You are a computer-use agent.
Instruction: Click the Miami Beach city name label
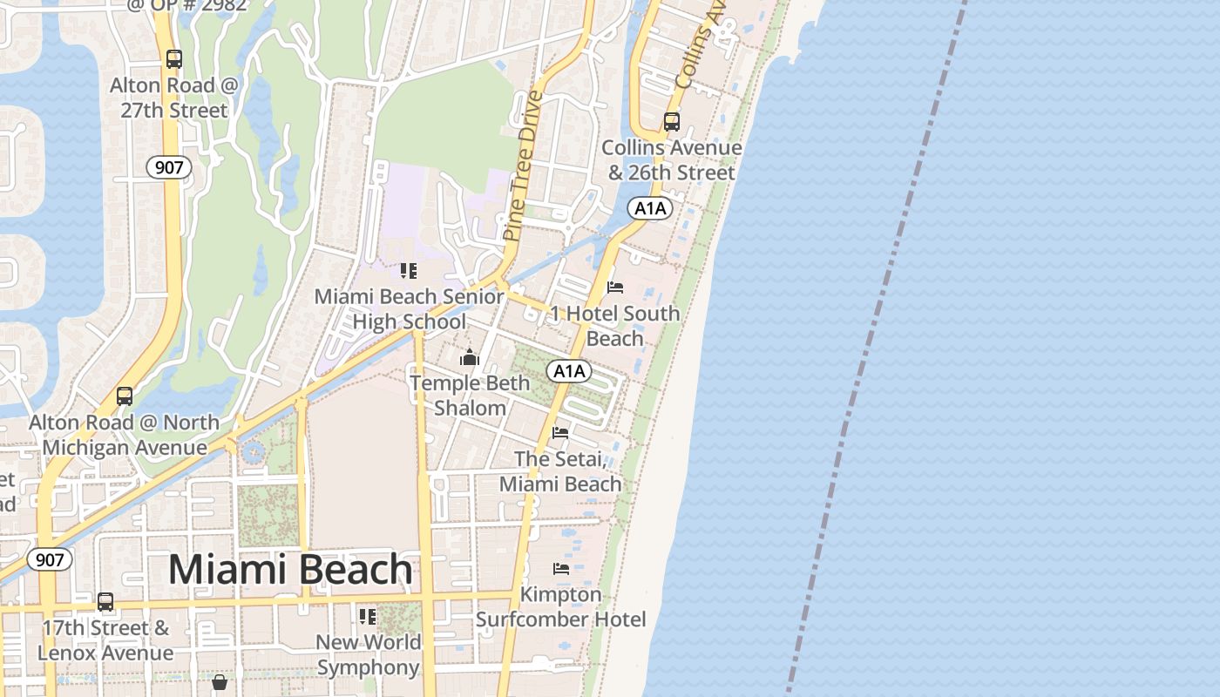(290, 570)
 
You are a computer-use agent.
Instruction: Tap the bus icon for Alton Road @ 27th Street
(174, 59)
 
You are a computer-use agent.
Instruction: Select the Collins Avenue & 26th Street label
(671, 160)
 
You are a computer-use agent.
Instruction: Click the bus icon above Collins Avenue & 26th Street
(672, 122)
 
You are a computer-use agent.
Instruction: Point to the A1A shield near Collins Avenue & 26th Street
(650, 208)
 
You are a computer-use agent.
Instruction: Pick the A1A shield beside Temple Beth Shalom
(569, 372)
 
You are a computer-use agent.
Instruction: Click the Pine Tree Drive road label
(523, 166)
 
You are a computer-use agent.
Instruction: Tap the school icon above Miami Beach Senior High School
(409, 271)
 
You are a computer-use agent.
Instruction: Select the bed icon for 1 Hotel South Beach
(615, 288)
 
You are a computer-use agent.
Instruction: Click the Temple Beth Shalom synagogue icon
(470, 357)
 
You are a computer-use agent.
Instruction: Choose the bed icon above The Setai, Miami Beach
(560, 432)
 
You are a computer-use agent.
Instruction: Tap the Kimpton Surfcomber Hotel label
(561, 607)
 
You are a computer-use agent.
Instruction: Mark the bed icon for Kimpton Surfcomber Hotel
(561, 569)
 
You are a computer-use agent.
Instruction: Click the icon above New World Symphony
(368, 617)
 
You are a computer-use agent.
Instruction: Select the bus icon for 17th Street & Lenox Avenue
(105, 602)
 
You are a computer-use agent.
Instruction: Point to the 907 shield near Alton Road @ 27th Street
(168, 167)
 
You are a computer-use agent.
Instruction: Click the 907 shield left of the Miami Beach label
(50, 559)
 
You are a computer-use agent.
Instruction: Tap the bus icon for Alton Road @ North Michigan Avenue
(125, 396)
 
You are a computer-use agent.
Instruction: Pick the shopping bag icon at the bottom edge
(220, 681)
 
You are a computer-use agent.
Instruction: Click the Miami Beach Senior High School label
(409, 309)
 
